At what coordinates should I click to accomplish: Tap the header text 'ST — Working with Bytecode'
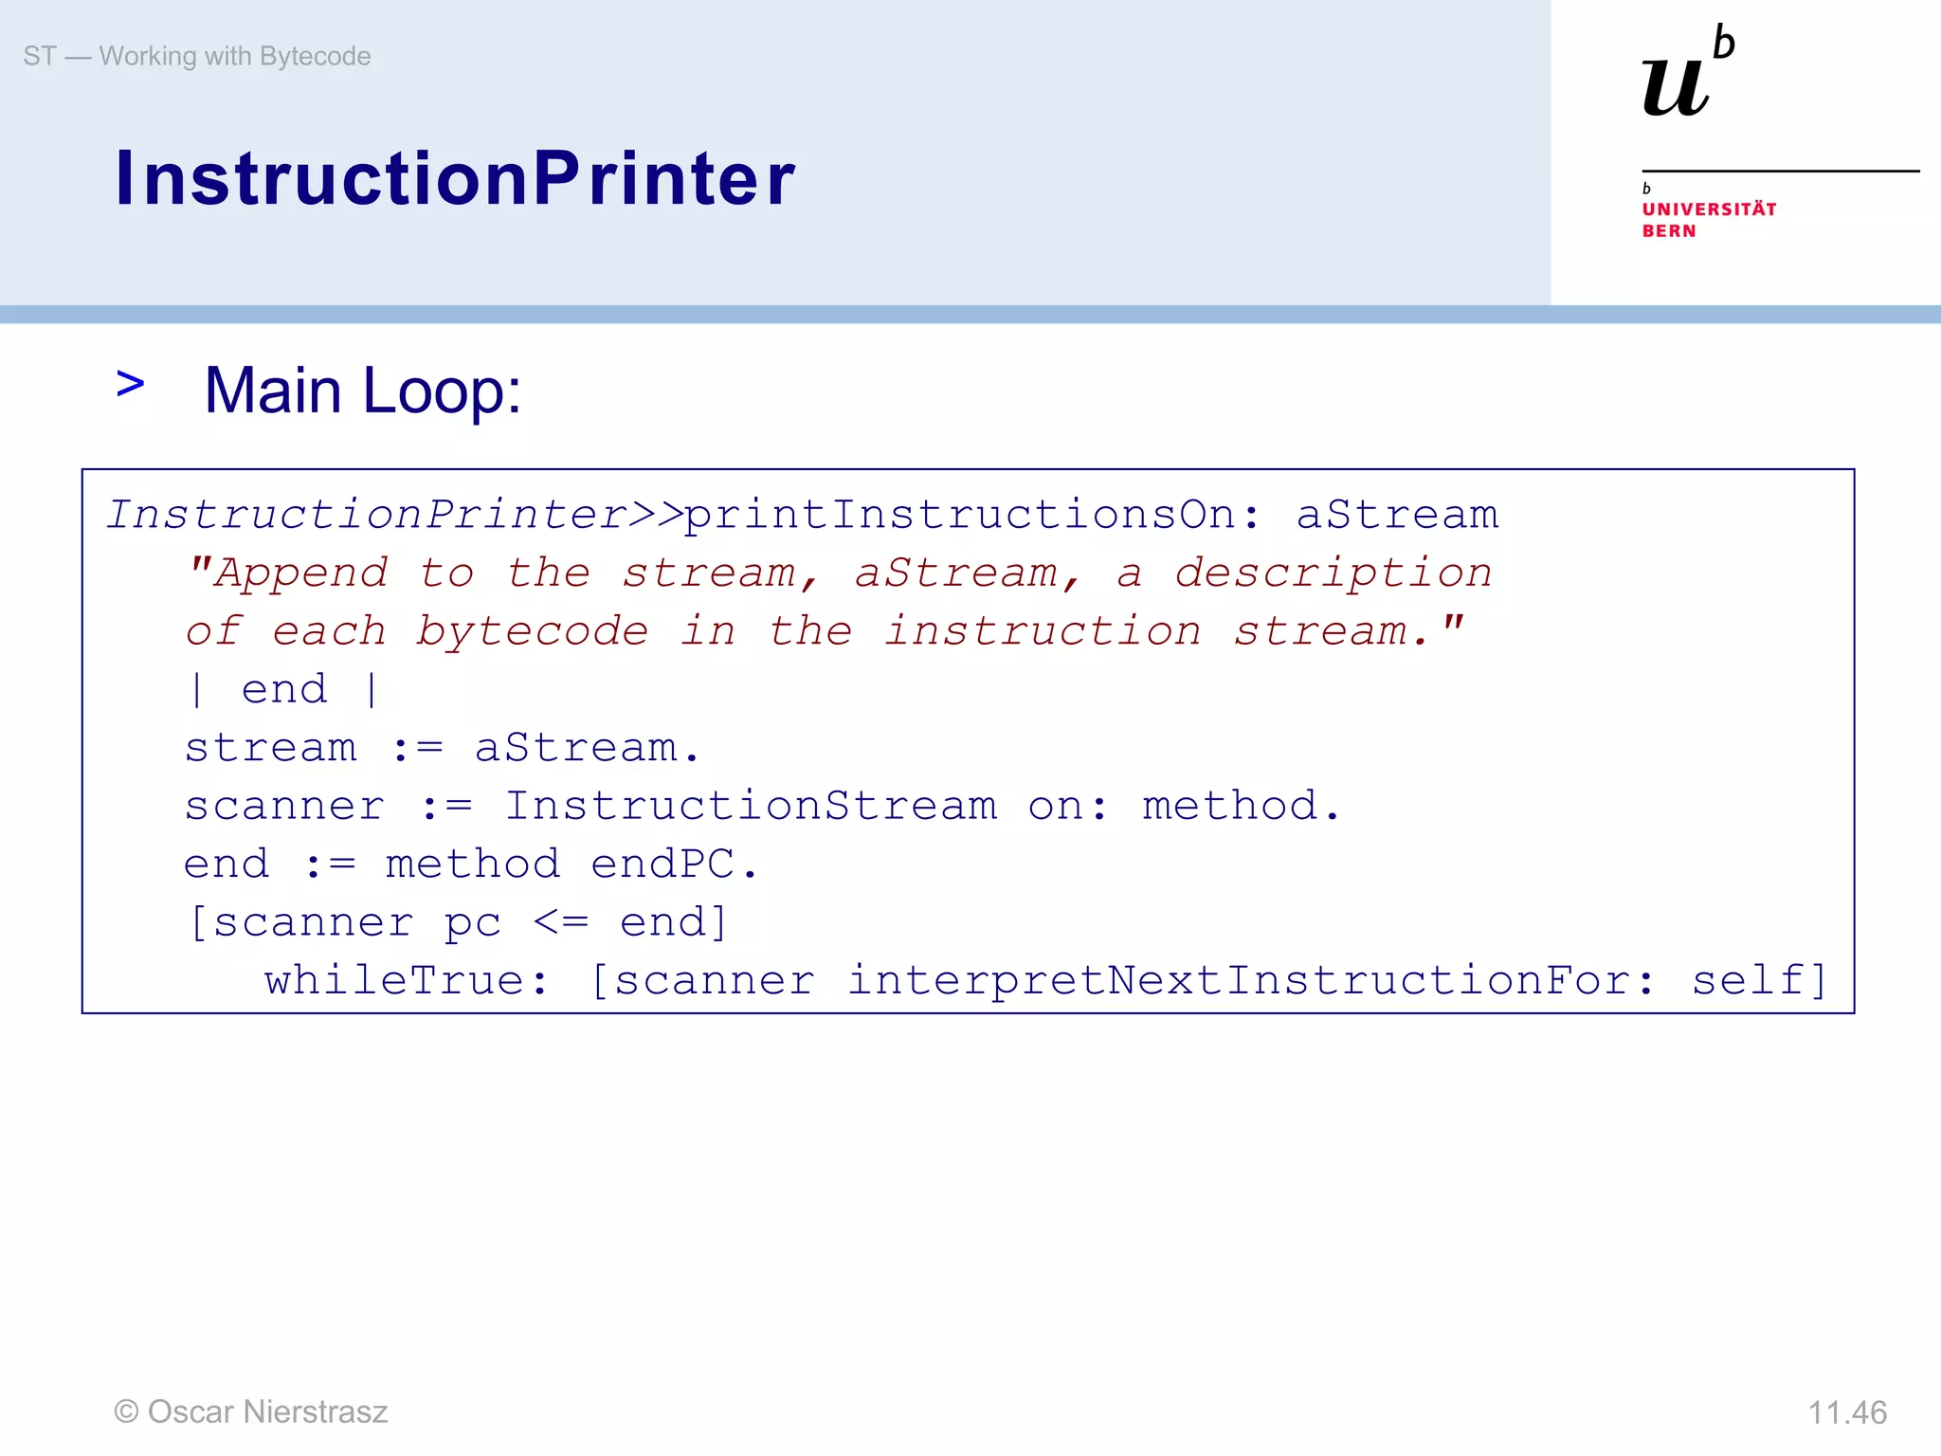[x=197, y=57]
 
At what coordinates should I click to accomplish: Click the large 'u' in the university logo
[x=1675, y=87]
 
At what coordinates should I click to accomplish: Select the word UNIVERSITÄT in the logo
[x=1709, y=209]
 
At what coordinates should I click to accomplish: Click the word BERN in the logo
[x=1669, y=231]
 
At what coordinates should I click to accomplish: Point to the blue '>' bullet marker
[x=130, y=384]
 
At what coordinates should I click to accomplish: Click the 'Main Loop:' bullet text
[x=362, y=391]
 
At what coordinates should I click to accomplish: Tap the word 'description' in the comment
[x=1333, y=573]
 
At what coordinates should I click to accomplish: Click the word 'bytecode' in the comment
[x=533, y=632]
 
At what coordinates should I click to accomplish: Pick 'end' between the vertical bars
[x=284, y=690]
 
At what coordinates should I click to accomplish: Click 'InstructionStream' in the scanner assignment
[x=751, y=807]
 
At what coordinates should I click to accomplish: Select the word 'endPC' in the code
[x=662, y=864]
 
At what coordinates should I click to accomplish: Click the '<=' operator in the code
[x=561, y=922]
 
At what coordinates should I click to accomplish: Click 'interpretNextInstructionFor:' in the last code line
[x=1251, y=981]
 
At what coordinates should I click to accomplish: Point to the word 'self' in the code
[x=1750, y=981]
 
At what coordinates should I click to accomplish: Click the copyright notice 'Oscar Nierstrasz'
[x=251, y=1412]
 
